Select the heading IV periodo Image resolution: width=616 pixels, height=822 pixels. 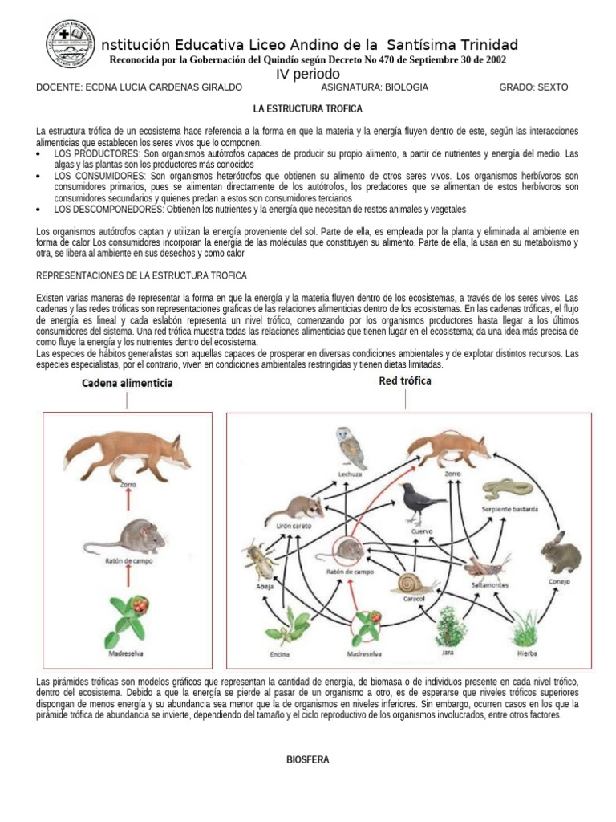(x=308, y=74)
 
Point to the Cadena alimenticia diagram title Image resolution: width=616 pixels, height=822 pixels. (x=127, y=384)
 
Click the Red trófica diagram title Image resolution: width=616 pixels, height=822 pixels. (x=404, y=381)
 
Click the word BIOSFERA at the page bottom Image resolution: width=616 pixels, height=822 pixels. (x=308, y=759)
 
